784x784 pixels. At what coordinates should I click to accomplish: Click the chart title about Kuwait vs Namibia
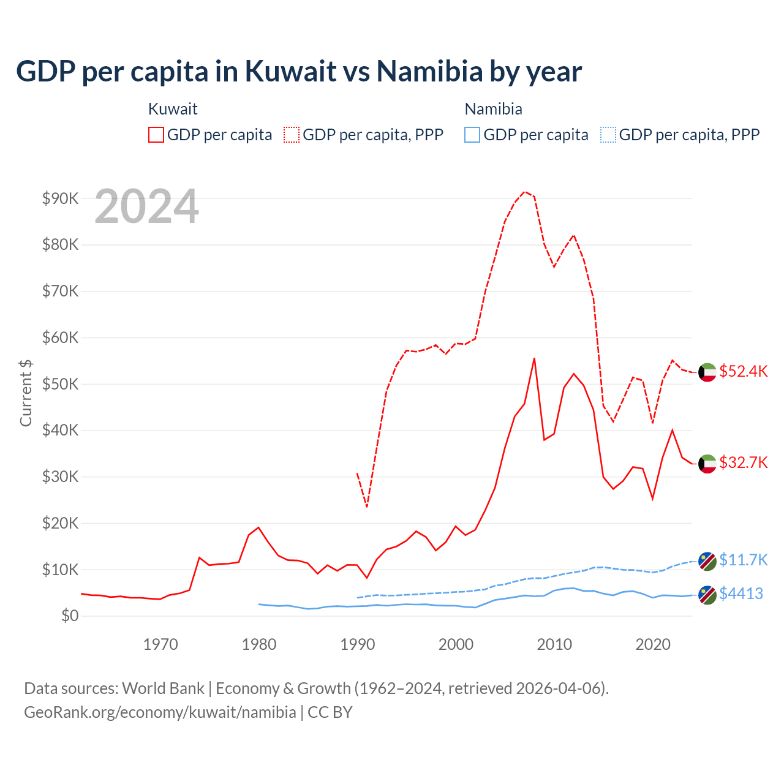[298, 72]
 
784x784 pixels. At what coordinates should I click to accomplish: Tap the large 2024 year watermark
[146, 206]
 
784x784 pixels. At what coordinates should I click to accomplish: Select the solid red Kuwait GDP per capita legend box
[156, 135]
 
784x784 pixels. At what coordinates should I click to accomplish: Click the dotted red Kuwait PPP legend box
[292, 135]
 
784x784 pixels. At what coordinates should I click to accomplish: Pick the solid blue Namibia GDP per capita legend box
[472, 135]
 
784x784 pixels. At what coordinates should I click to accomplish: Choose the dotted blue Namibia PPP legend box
[608, 135]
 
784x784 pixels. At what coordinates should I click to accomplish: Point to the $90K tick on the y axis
[60, 198]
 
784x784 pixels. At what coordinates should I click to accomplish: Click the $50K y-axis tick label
[60, 384]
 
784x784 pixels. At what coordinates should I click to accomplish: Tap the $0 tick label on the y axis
[69, 616]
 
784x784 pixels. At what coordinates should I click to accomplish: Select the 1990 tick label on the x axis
[358, 644]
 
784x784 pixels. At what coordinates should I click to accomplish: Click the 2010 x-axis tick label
[554, 644]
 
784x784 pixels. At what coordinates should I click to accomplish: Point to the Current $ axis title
[26, 393]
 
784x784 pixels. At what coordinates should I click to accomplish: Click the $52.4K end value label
[743, 372]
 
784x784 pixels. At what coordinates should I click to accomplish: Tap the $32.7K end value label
[743, 462]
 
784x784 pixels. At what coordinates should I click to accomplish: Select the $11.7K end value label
[743, 560]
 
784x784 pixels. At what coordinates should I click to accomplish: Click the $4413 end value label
[741, 594]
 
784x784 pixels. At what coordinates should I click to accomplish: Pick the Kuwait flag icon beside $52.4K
[707, 372]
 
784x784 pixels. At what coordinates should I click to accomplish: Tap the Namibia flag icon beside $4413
[707, 595]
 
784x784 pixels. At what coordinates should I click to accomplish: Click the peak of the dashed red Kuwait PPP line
[525, 192]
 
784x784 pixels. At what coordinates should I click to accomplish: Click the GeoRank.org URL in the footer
[160, 712]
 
